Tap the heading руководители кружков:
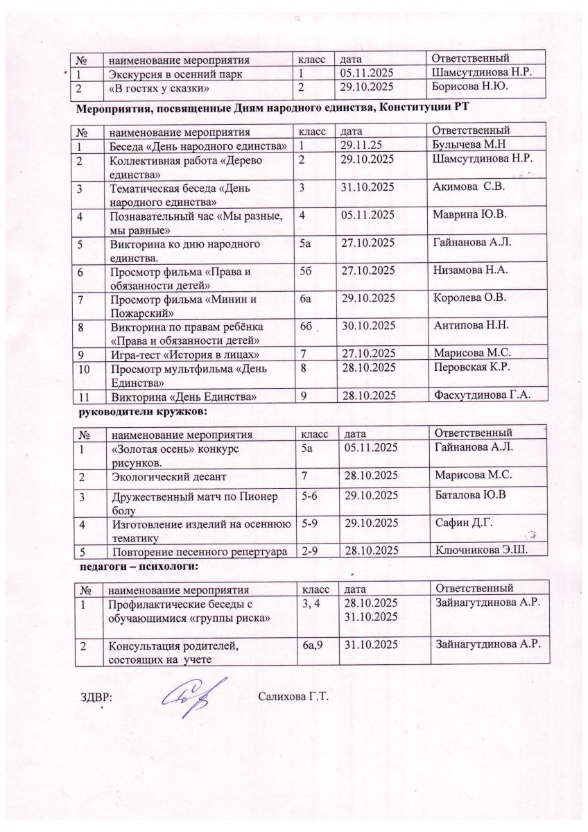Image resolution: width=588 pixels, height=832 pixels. pyautogui.click(x=141, y=411)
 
